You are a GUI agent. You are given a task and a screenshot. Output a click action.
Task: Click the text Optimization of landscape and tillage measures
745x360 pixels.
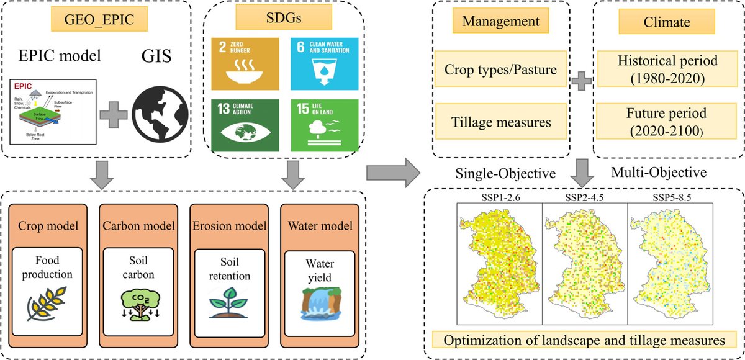coord(585,341)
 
